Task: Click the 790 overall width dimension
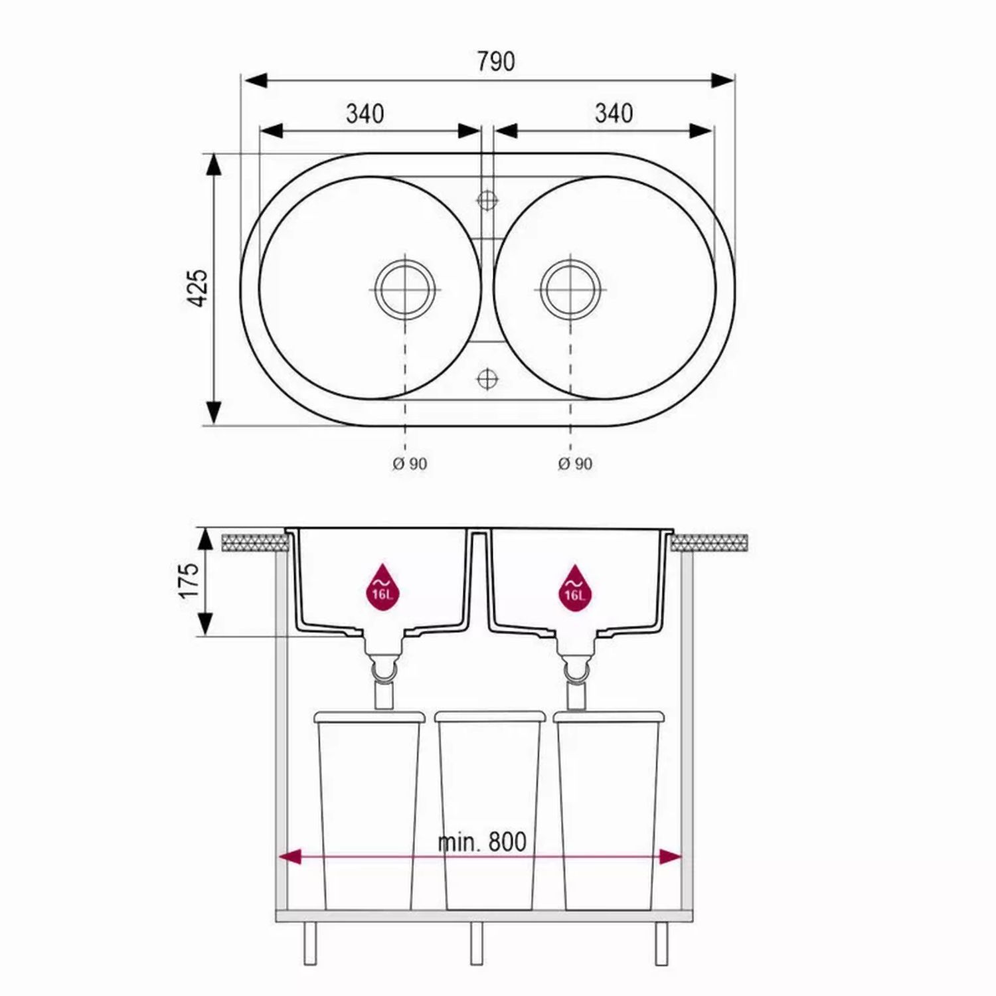[496, 61]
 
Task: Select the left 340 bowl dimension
[365, 114]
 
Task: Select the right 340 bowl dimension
[614, 114]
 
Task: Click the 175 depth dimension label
[189, 580]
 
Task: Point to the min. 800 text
[482, 842]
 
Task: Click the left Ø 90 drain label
[409, 463]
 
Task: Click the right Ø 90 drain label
[575, 463]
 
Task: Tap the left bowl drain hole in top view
[405, 290]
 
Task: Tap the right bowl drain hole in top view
[571, 290]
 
